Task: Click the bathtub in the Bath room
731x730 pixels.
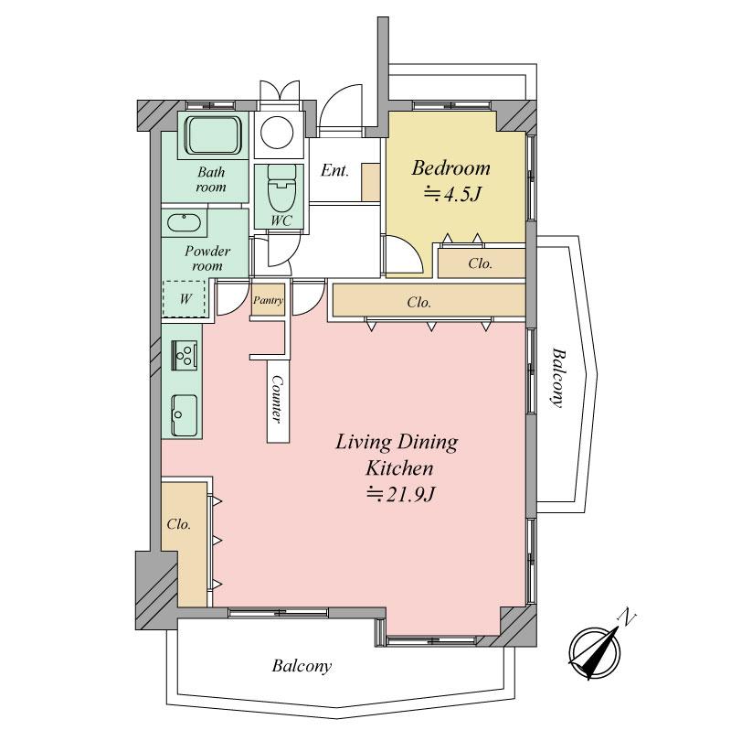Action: point(213,134)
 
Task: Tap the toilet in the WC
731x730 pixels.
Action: point(281,188)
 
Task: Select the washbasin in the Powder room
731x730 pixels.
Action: point(185,222)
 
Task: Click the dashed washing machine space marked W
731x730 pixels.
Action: point(185,299)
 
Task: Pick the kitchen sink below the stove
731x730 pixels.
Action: point(185,415)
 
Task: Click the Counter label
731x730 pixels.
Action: point(278,399)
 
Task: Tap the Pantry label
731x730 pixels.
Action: point(268,300)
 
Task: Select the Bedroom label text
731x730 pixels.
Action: point(450,168)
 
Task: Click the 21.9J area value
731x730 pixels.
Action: point(401,493)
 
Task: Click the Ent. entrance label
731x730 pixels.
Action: point(334,170)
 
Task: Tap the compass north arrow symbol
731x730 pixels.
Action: point(595,653)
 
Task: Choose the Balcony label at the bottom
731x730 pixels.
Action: point(302,666)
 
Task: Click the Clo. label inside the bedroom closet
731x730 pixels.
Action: point(481,263)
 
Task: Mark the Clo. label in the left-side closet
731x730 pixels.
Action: point(179,524)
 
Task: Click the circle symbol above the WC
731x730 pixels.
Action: point(277,132)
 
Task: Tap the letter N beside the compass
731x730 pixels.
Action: point(628,617)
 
